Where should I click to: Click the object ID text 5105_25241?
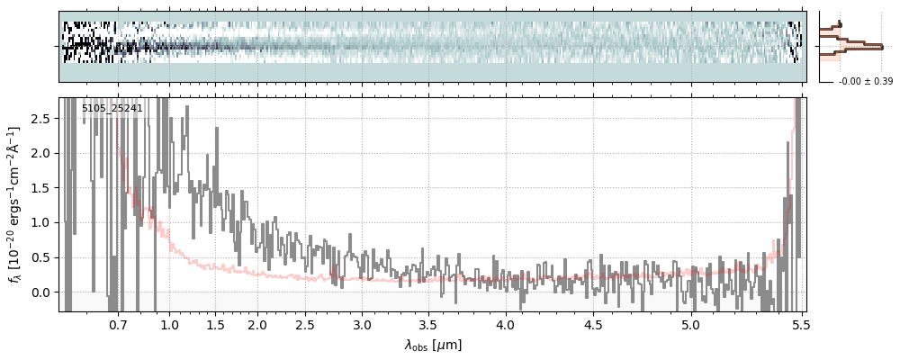[x=112, y=109]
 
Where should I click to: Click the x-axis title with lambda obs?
[x=433, y=344]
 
